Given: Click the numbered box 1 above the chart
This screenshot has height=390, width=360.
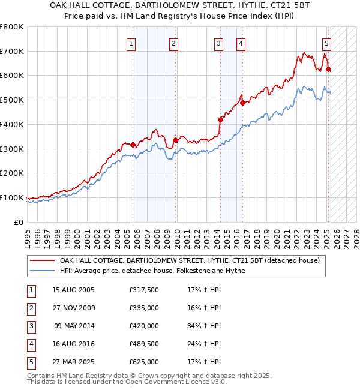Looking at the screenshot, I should coord(131,43).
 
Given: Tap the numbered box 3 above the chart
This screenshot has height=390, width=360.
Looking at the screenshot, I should coord(218,43).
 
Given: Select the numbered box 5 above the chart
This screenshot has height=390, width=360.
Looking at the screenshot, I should coord(326,43).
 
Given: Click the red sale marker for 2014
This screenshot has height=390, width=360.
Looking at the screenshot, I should coord(220,119).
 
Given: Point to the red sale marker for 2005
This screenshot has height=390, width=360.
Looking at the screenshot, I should coord(133,145).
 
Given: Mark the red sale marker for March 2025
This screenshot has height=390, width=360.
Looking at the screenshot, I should coord(328,70).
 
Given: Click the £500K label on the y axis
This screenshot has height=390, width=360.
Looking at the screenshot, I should coord(12,100).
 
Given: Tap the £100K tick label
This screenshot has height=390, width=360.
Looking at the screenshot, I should coord(12,197).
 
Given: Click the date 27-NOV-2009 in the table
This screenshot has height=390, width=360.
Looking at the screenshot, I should coord(74,308).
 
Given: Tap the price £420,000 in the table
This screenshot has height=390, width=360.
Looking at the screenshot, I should coord(144,326).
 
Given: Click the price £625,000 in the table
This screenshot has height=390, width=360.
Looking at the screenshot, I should coord(144,362).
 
